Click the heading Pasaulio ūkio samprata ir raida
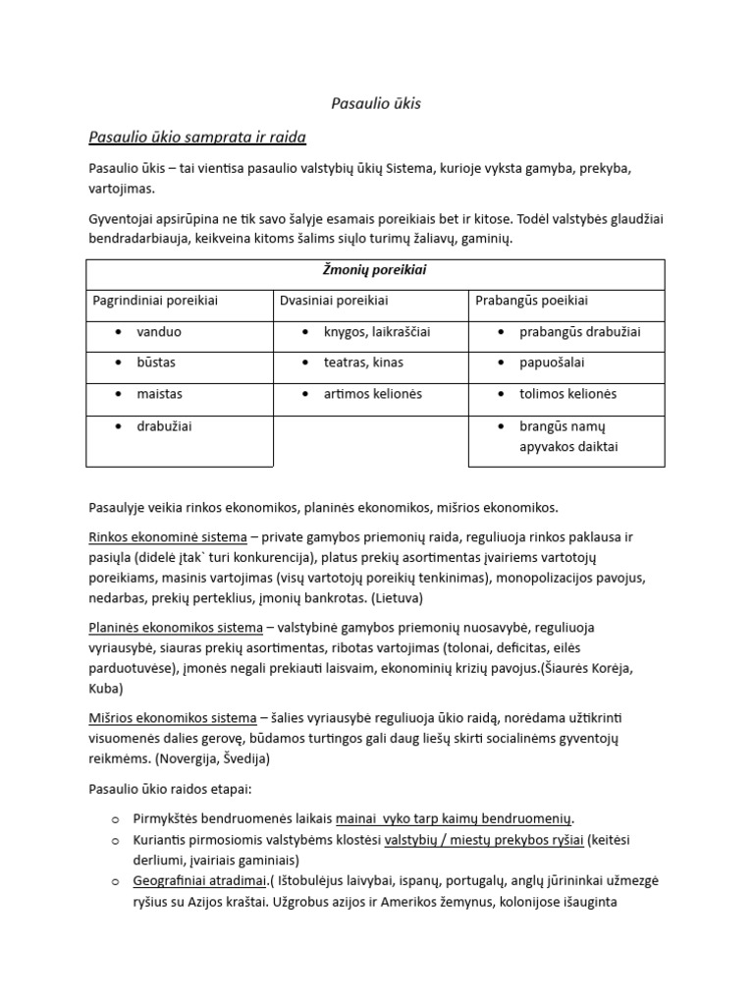(x=197, y=136)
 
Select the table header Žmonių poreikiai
(x=375, y=269)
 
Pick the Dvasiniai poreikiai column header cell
(x=328, y=300)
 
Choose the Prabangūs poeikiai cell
(x=531, y=300)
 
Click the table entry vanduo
(x=159, y=332)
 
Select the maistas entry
(x=159, y=394)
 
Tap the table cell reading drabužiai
(x=164, y=426)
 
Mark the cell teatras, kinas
(x=363, y=363)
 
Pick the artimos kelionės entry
(x=372, y=394)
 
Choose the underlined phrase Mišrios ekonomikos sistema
(x=172, y=717)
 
